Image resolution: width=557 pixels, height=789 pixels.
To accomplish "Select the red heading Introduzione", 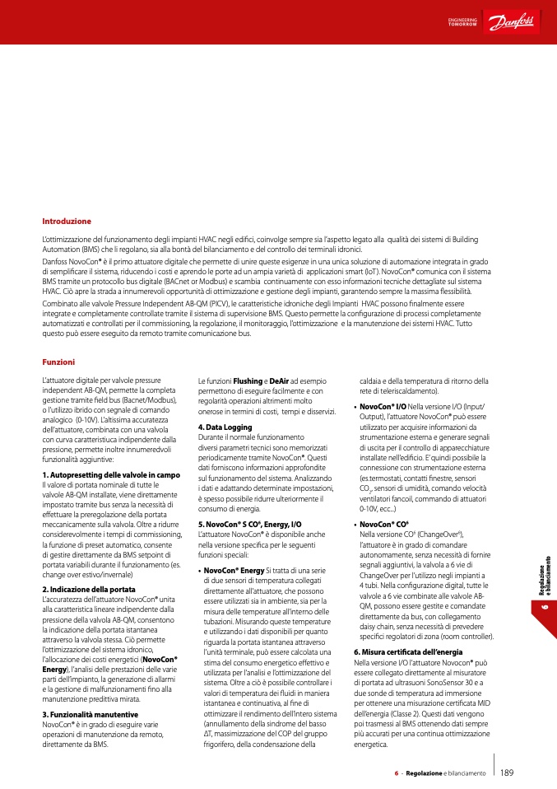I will [x=67, y=222].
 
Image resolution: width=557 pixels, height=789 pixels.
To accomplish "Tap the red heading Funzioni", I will [x=58, y=362].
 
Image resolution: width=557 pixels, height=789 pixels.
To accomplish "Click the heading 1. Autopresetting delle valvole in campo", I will [x=110, y=475].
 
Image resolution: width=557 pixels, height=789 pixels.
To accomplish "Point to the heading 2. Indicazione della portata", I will [x=89, y=567].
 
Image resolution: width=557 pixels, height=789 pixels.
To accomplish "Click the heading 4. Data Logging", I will [x=225, y=427].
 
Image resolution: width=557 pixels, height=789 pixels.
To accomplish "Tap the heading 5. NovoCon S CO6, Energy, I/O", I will [x=250, y=524].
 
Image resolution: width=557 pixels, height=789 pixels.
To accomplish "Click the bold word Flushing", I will [x=248, y=380].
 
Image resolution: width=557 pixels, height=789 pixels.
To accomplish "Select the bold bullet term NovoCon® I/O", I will [x=383, y=407].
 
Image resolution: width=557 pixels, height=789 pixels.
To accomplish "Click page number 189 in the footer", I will [x=507, y=773].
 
